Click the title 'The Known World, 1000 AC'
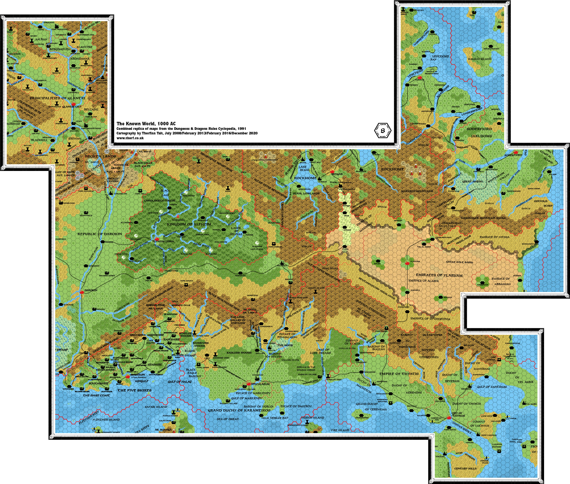coord(146,124)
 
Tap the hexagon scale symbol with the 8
coord(383,131)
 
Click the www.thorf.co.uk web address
coord(130,138)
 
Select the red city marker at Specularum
coord(250,384)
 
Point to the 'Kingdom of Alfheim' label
coord(189,224)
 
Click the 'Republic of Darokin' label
coord(100,234)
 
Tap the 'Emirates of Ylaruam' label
coord(439,275)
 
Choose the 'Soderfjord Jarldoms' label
coord(481,132)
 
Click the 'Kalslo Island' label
coord(480,59)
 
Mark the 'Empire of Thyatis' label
coord(399,374)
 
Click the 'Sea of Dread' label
coord(227,419)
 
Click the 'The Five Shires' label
coord(135,390)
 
